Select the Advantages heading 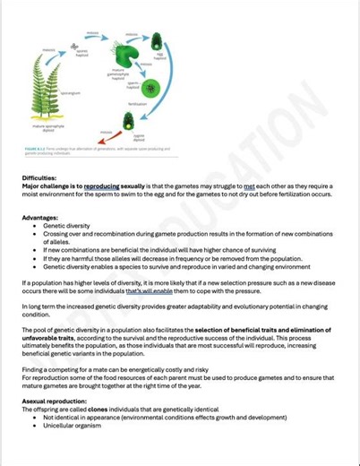[39, 217]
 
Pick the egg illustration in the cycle [157, 40]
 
